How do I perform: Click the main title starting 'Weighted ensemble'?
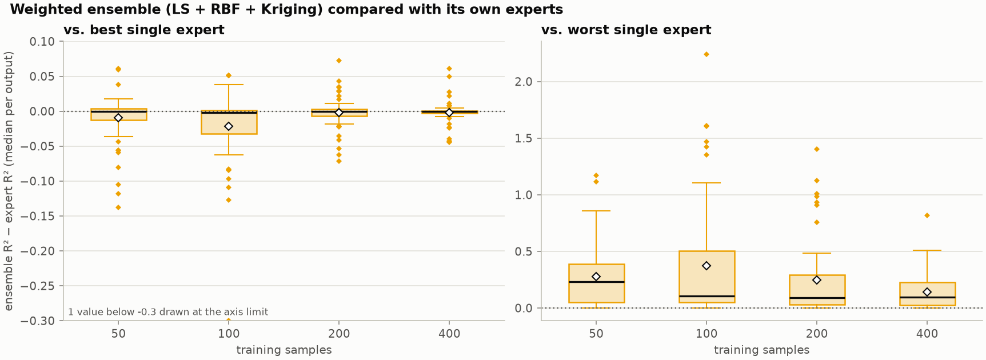(286, 10)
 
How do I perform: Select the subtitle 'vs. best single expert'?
(144, 30)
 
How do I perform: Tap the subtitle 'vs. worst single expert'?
(626, 30)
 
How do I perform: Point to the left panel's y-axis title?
(9, 181)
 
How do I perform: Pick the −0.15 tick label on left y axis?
(38, 217)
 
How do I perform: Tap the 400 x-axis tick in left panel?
(449, 334)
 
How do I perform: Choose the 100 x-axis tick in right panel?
(706, 334)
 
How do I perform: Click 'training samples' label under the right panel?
(762, 350)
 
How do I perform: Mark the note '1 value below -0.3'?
(168, 312)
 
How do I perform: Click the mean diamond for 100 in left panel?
(229, 126)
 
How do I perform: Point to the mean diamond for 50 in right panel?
(596, 277)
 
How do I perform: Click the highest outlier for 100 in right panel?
(706, 54)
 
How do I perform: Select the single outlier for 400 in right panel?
(927, 215)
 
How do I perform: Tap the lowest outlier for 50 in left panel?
(118, 207)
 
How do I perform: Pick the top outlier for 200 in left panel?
(339, 61)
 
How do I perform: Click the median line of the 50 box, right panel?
(596, 282)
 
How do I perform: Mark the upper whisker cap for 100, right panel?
(706, 183)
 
